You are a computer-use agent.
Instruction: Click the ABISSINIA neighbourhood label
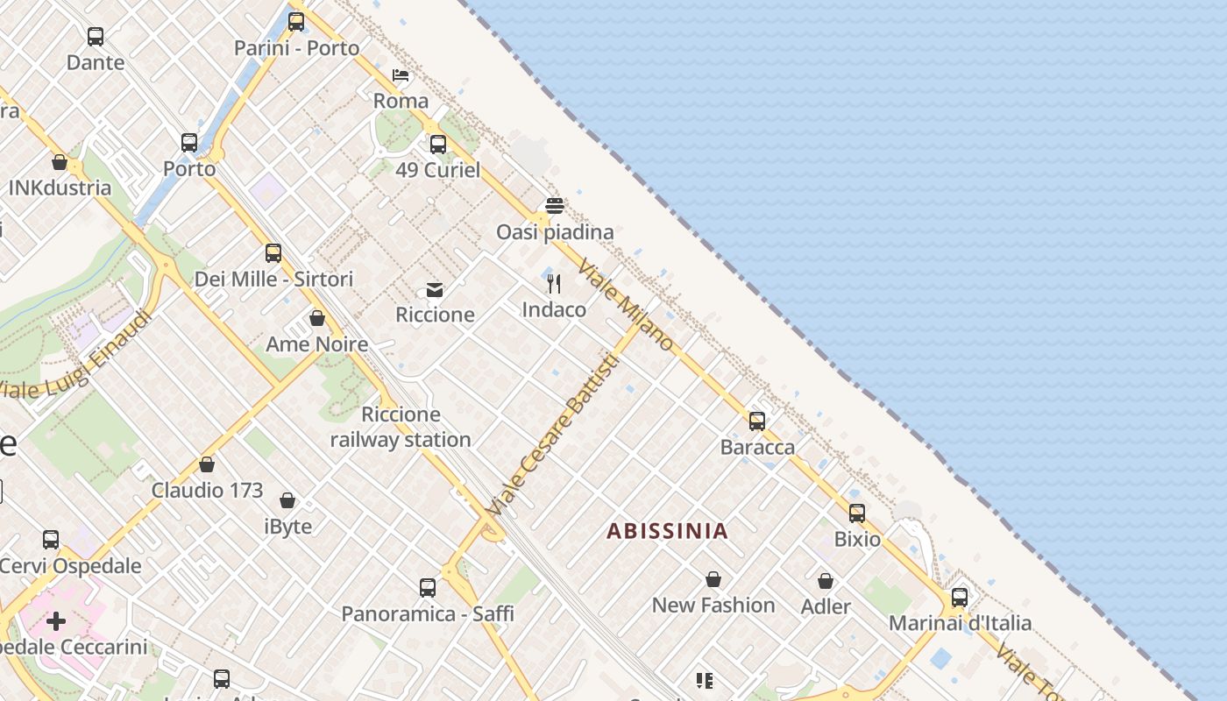667,531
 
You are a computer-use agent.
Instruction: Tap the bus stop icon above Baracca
757,421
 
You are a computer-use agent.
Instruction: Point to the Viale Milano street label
626,305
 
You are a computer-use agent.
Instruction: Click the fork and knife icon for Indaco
554,284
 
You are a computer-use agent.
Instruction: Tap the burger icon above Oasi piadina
554,206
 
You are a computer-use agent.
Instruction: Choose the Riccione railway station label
401,427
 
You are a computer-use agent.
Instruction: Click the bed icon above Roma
401,75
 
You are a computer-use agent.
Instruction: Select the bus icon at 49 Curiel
437,145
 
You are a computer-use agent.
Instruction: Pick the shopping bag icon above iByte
287,500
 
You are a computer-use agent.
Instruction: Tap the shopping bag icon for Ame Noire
317,318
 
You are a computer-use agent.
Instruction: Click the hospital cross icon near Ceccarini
56,622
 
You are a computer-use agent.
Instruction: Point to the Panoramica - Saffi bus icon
427,588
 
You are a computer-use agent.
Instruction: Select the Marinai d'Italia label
960,623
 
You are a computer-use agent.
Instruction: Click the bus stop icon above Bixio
856,513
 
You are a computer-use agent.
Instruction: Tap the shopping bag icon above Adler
826,581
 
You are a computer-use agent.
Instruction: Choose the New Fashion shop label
713,605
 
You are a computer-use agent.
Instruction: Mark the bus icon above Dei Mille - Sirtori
273,253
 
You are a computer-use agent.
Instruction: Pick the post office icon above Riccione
435,290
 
